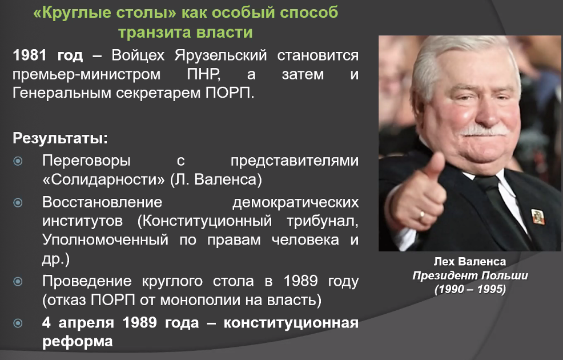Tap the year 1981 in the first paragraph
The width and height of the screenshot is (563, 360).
click(x=30, y=55)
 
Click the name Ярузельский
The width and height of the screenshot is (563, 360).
click(x=221, y=56)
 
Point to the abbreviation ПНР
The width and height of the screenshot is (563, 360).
click(x=203, y=74)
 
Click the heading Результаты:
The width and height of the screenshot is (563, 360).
click(x=61, y=138)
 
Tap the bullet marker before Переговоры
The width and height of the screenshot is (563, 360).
click(x=18, y=161)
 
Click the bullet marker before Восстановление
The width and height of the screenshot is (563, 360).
click(x=18, y=203)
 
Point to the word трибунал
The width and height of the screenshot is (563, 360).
click(x=323, y=221)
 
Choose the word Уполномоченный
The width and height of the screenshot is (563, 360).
click(x=105, y=240)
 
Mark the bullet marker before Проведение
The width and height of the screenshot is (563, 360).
click(x=18, y=281)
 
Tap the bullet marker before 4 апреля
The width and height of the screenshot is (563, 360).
click(x=18, y=323)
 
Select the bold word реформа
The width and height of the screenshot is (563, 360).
click(x=78, y=342)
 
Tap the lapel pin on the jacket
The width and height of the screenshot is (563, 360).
click(x=537, y=217)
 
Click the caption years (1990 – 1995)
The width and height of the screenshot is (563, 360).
click(x=470, y=289)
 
